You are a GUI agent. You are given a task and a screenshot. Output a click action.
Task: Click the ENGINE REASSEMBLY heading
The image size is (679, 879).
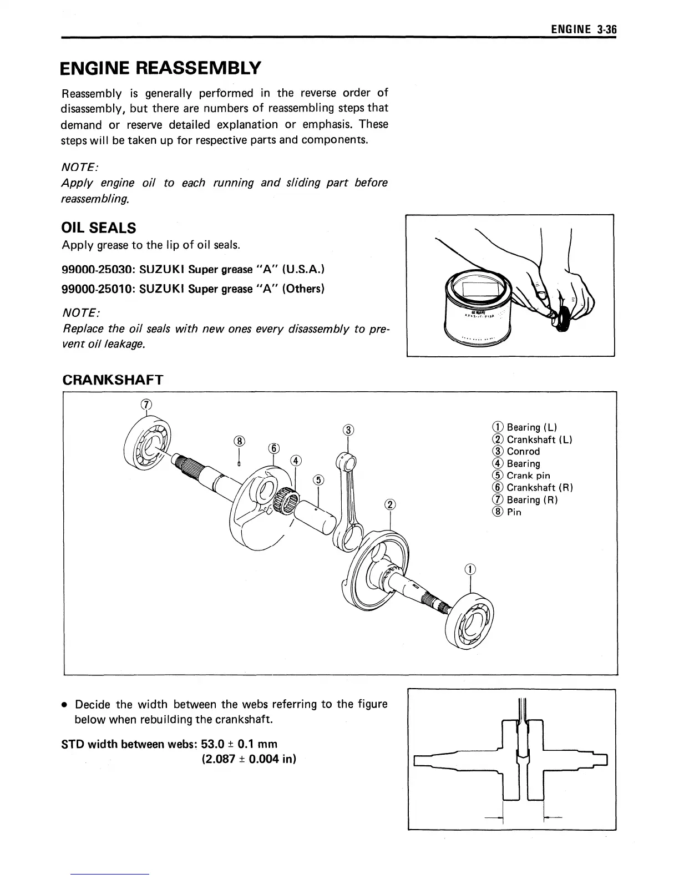pyautogui.click(x=160, y=68)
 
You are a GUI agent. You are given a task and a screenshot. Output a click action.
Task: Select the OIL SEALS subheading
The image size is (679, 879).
pyautogui.click(x=99, y=228)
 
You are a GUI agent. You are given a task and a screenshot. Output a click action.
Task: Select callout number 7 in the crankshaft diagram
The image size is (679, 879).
pyautogui.click(x=146, y=404)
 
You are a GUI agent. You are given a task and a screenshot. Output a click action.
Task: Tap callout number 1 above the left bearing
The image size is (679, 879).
pyautogui.click(x=470, y=569)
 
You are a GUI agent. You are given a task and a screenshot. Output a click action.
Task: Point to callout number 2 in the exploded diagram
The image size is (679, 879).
pyautogui.click(x=391, y=504)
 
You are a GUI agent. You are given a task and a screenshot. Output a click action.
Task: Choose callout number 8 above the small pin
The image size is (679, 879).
pyautogui.click(x=239, y=441)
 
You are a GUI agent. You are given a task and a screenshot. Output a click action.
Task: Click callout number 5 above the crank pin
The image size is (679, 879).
pyautogui.click(x=318, y=479)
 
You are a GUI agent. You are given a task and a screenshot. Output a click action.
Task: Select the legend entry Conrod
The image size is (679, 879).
pyautogui.click(x=523, y=451)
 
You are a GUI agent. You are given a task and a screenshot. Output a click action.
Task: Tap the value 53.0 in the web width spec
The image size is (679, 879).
pyautogui.click(x=212, y=744)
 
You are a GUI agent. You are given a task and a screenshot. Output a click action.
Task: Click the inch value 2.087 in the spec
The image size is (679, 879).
pyautogui.click(x=219, y=759)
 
